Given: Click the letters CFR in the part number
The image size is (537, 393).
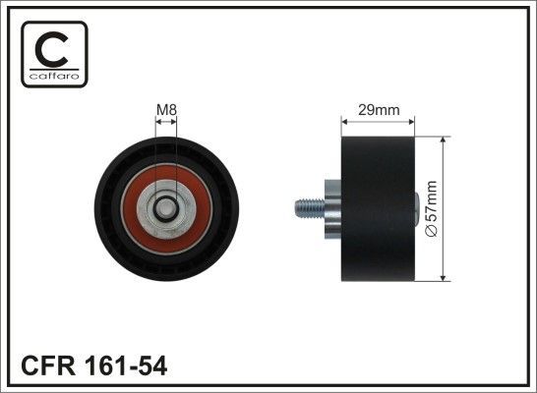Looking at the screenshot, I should click(x=46, y=365).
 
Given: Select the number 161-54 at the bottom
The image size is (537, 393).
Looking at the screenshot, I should click(x=125, y=365).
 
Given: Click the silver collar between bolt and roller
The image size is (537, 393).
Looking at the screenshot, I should click(x=329, y=208).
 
